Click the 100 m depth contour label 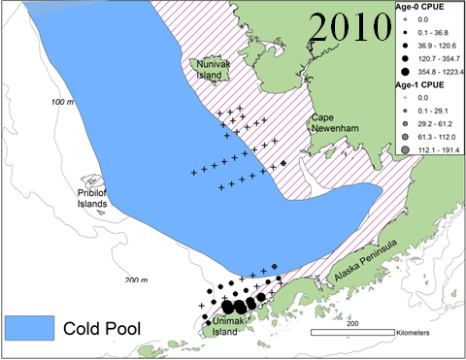(x=63, y=101)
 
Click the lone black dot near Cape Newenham (x=283, y=163)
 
